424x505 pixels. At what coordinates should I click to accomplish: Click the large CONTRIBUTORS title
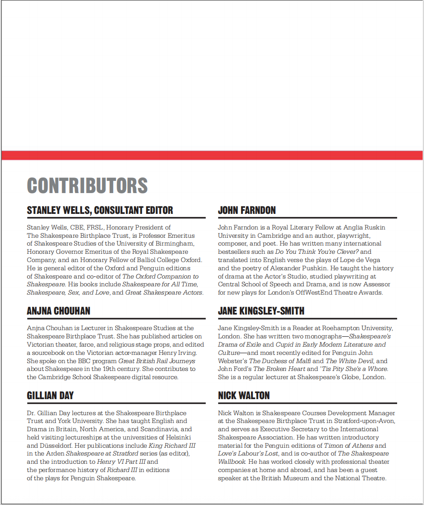(87, 185)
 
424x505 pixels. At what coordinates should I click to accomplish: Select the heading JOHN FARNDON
(247, 210)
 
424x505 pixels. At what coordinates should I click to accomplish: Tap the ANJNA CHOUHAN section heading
(59, 311)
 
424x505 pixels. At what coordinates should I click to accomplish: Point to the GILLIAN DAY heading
(50, 396)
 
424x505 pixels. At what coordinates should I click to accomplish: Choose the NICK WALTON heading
(244, 396)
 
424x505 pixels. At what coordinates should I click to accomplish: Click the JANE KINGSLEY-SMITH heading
(261, 311)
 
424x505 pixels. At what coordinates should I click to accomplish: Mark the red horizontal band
(212, 155)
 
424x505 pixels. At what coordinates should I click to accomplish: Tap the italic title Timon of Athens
(348, 446)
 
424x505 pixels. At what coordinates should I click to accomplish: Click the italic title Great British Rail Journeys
(157, 361)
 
